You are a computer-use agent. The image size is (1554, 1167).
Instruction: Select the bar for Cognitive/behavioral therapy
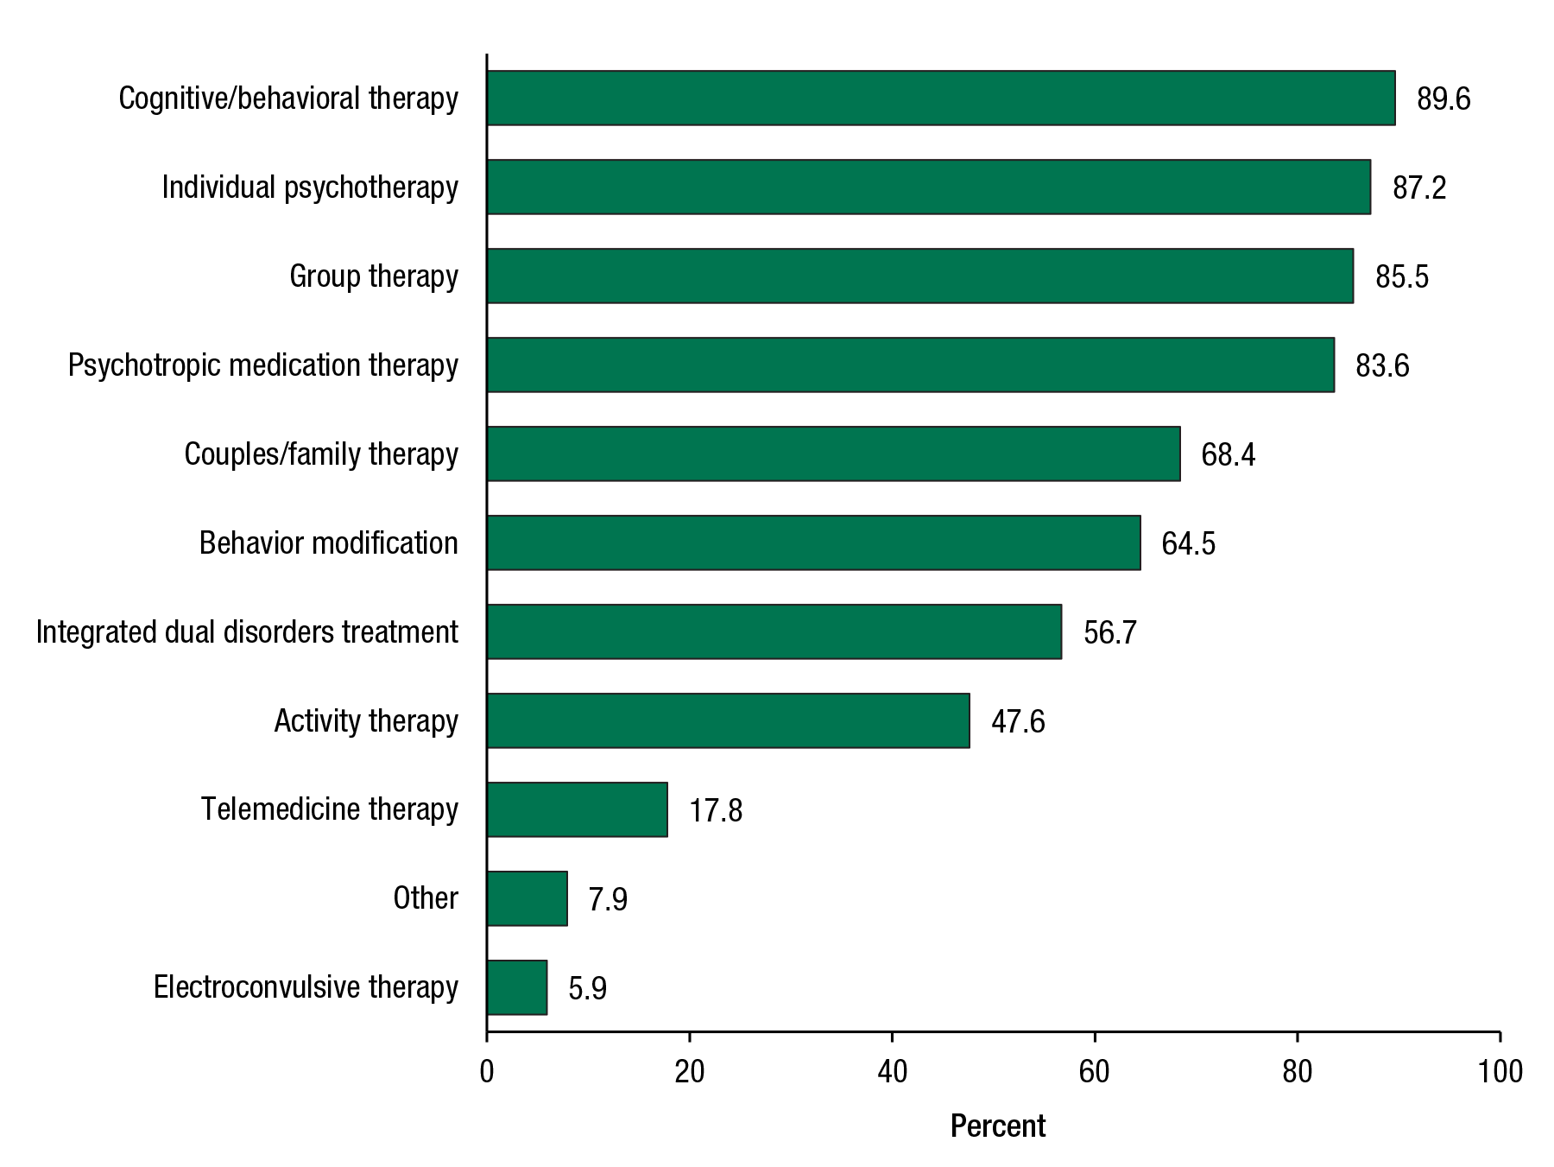[x=940, y=98]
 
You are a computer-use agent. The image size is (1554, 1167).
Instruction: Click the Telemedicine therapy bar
[x=577, y=809]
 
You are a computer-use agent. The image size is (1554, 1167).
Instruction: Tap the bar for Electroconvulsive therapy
[x=516, y=987]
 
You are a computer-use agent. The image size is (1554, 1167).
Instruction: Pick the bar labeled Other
[x=527, y=898]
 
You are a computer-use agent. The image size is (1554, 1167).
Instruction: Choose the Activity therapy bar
[x=728, y=720]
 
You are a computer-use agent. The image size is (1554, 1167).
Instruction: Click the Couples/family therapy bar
[x=833, y=453]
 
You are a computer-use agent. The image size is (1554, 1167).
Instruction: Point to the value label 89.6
[x=1443, y=99]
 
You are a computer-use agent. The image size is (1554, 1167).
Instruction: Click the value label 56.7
[x=1110, y=633]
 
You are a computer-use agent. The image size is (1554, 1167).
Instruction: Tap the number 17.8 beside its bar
[x=716, y=811]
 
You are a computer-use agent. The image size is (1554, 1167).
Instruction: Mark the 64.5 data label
[x=1188, y=544]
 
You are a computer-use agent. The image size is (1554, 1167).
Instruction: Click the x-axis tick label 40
[x=892, y=1072]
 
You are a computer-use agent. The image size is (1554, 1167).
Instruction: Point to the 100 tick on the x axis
[x=1500, y=1072]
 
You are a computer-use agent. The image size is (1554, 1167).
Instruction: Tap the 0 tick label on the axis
[x=487, y=1072]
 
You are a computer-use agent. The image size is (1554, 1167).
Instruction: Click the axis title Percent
[x=997, y=1126]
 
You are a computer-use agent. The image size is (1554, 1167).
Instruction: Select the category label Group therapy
[x=373, y=276]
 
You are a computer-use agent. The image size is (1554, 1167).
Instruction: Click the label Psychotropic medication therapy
[x=262, y=365]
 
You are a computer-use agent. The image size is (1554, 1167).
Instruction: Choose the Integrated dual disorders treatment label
[x=247, y=632]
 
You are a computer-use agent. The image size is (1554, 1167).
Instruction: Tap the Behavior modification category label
[x=328, y=543]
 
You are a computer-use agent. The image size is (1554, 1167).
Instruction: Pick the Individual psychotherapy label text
[x=310, y=187]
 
